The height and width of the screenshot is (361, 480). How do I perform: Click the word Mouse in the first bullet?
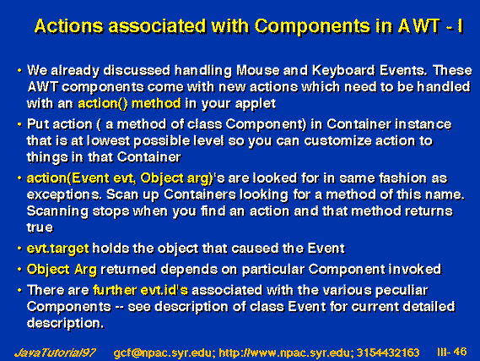tap(257, 70)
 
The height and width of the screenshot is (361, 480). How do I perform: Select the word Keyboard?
tap(342, 70)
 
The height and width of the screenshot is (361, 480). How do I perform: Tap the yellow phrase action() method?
tap(129, 104)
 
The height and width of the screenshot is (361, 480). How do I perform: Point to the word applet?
tap(256, 104)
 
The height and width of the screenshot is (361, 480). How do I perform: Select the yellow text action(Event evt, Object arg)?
tap(120, 178)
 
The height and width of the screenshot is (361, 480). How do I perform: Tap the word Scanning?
tap(57, 211)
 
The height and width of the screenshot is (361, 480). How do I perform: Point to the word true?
tap(40, 227)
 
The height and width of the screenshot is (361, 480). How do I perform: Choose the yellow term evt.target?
tap(58, 249)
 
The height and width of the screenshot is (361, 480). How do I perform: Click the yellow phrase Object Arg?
tap(62, 270)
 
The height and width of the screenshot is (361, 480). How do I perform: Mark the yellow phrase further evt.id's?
tap(141, 290)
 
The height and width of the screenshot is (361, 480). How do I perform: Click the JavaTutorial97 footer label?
tap(55, 353)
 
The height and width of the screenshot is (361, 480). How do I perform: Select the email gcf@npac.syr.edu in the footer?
tap(162, 353)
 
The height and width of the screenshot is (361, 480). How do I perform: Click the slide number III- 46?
tap(452, 352)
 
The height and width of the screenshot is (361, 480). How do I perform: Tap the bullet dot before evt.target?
tap(19, 249)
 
